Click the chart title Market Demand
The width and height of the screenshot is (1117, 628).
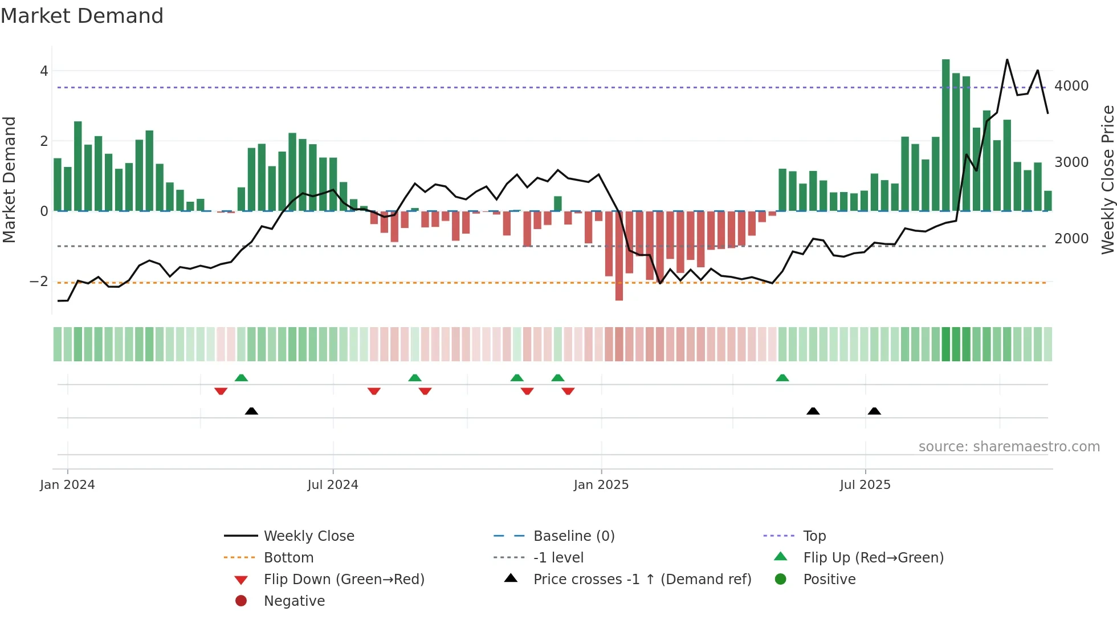coord(82,16)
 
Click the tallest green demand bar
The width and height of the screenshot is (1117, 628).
coord(945,134)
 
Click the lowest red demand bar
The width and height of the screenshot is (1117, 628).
coord(619,255)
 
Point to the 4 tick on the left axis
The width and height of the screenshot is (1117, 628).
coord(44,71)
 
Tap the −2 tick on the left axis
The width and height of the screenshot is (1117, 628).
coord(39,282)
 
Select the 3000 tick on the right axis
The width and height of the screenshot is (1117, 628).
coord(1071,162)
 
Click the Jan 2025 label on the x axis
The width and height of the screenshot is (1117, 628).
coord(601,485)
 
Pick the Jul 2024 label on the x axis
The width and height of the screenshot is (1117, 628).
coord(333,485)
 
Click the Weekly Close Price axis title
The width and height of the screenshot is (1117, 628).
coord(1107,180)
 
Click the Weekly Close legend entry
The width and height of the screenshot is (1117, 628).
coord(308,536)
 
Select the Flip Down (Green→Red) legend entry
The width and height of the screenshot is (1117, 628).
coord(344,580)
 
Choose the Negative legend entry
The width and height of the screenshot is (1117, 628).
coord(294,601)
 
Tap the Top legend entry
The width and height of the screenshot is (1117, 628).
coord(814,536)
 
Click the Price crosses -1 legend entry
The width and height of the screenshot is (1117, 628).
coord(642,580)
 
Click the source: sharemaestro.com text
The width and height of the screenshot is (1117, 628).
coord(1009,447)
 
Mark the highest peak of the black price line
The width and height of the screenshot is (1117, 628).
coord(1007,60)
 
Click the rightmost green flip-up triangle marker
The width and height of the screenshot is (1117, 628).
coord(782,378)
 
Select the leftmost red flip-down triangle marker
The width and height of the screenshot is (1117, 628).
coord(221,391)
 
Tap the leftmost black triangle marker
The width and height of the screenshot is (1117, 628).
coord(251,411)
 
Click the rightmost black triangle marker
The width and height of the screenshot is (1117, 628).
coord(874,411)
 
